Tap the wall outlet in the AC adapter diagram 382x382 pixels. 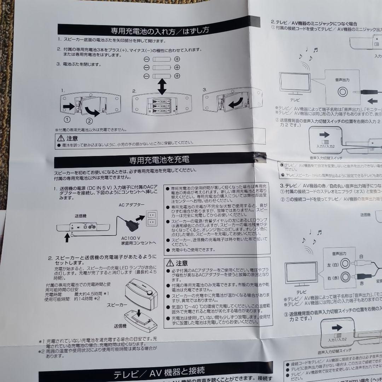[x=151, y=219]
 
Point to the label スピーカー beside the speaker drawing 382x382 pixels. [x=117, y=304]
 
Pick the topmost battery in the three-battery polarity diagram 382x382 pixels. [x=162, y=59]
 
